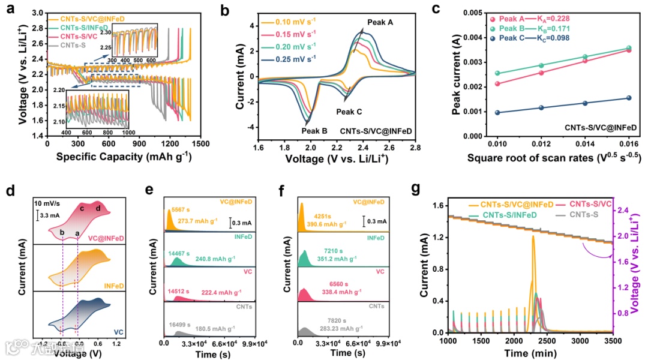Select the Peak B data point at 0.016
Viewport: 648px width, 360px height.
(x=629, y=48)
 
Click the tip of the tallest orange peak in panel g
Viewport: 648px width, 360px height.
(x=533, y=236)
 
